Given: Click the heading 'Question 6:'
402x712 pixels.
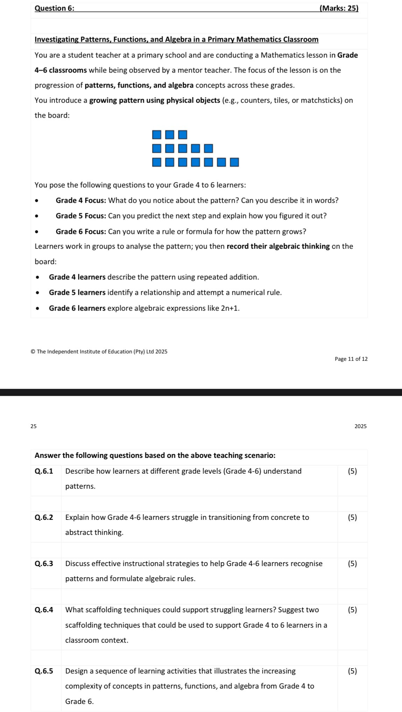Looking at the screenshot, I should (x=54, y=8).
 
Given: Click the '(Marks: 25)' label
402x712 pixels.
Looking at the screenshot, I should (x=339, y=8).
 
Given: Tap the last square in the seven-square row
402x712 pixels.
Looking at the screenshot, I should (x=234, y=162).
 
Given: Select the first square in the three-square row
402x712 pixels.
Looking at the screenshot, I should (x=157, y=134).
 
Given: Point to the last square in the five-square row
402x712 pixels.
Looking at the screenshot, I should (x=209, y=148).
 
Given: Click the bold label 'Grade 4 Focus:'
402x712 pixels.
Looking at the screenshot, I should (x=81, y=201).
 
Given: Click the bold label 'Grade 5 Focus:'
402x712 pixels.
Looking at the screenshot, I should (x=81, y=216).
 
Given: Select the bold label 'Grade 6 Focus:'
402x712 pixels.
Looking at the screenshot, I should (x=81, y=232).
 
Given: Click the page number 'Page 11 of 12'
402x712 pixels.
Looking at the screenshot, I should (x=351, y=359).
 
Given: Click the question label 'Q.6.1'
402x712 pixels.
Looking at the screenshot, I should (x=44, y=471).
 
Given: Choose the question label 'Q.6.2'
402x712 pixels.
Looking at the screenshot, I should (x=44, y=517).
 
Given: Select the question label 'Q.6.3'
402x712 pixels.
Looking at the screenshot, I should (x=44, y=564).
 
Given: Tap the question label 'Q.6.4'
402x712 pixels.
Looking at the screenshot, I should (x=44, y=610).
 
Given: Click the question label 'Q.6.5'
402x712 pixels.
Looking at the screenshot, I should (x=44, y=671).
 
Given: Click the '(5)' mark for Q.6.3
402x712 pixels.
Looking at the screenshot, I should (x=352, y=564).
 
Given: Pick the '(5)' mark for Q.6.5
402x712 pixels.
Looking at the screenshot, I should (x=352, y=671).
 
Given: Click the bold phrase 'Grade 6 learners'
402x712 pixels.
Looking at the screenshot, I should (x=77, y=308).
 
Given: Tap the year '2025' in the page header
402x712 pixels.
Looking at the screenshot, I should (x=360, y=426).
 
